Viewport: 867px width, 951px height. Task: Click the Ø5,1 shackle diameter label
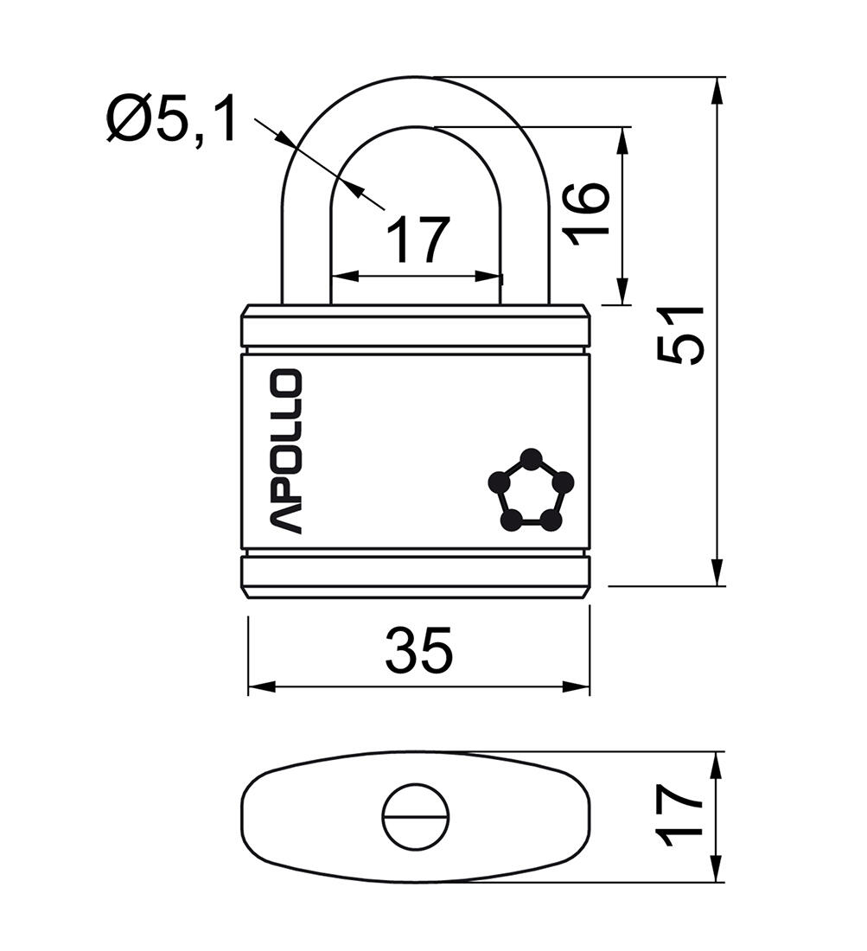click(171, 120)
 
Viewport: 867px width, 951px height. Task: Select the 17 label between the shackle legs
click(418, 240)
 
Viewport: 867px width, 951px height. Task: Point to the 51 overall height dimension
click(682, 335)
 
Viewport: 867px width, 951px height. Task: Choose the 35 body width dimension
click(418, 651)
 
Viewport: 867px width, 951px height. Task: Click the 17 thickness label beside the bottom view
click(679, 816)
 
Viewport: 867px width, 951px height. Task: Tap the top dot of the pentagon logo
click(532, 458)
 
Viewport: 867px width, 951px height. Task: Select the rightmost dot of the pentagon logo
click(563, 482)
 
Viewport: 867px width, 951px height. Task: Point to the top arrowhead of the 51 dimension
click(717, 92)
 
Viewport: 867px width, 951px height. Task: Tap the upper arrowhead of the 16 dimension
click(621, 141)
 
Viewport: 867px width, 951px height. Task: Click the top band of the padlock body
click(415, 330)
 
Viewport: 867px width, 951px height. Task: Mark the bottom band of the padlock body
click(415, 571)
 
